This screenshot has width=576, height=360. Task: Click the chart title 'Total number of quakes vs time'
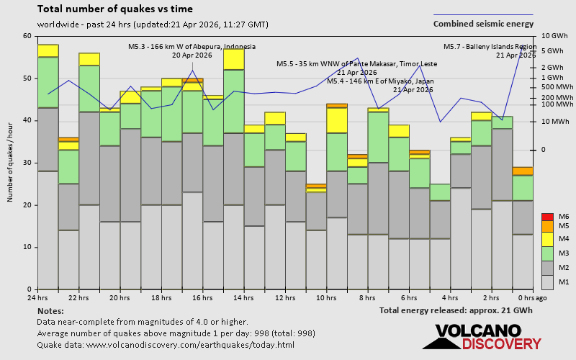(x=115, y=9)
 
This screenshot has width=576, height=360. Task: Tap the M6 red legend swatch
(x=547, y=217)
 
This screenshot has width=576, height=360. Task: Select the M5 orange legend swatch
(x=547, y=227)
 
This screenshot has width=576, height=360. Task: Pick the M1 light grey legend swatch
(x=547, y=282)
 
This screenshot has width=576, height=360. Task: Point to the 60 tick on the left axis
(x=27, y=36)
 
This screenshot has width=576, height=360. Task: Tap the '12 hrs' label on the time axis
(x=285, y=298)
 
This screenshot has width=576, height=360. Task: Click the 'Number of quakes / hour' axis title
(x=11, y=163)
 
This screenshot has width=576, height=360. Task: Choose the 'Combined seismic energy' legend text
(x=483, y=24)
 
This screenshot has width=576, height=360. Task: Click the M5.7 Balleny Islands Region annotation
(x=490, y=50)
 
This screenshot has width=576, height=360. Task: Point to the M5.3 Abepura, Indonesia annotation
(x=192, y=50)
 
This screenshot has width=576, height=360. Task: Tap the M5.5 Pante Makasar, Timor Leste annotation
(x=356, y=68)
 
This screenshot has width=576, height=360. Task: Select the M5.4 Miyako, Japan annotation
(x=379, y=85)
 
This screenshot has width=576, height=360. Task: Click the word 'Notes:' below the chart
(x=50, y=310)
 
